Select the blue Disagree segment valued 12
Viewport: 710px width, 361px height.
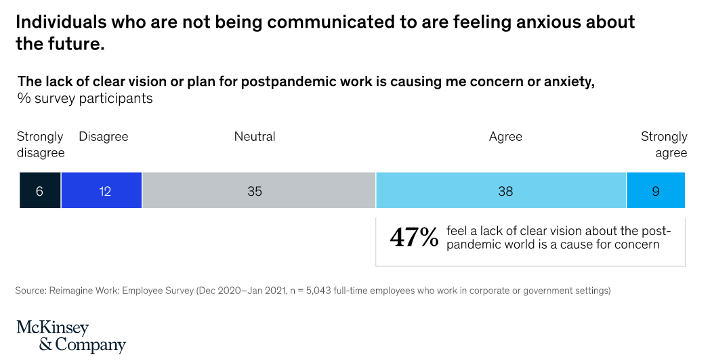pyautogui.click(x=102, y=190)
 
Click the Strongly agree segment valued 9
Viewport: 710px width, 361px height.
pyautogui.click(x=656, y=190)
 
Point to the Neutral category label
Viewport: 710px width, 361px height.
pyautogui.click(x=255, y=136)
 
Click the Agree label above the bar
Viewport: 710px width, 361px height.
pyautogui.click(x=505, y=136)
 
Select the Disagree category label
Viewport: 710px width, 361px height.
pyautogui.click(x=104, y=136)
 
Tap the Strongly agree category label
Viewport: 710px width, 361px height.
pyautogui.click(x=665, y=144)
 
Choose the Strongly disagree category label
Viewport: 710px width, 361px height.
pyautogui.click(x=41, y=144)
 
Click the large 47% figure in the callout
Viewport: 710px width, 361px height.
pyautogui.click(x=414, y=238)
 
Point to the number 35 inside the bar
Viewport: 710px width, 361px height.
pyautogui.click(x=255, y=191)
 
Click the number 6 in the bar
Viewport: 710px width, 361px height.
pyautogui.click(x=39, y=191)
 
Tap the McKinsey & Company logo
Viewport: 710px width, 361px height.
pyautogui.click(x=71, y=337)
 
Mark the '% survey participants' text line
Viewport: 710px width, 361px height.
pyautogui.click(x=85, y=98)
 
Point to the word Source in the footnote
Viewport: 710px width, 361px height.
pyautogui.click(x=30, y=291)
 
